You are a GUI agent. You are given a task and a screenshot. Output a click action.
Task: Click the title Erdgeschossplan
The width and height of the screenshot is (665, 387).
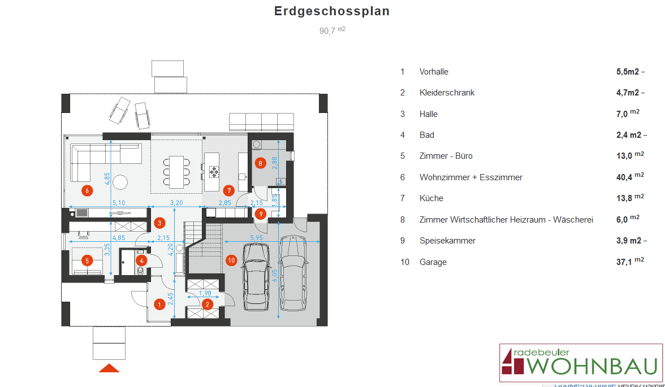click(332, 11)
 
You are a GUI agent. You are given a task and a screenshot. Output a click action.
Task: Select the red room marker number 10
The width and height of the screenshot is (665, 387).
click(231, 260)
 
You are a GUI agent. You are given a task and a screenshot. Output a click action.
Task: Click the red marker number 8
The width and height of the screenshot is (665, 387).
click(260, 163)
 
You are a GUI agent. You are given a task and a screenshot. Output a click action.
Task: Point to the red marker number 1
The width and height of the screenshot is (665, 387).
click(159, 305)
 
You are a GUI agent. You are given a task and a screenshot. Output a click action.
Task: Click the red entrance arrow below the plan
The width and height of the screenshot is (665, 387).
click(109, 368)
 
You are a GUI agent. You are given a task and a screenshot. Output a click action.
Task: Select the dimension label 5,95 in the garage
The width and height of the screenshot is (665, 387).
click(257, 238)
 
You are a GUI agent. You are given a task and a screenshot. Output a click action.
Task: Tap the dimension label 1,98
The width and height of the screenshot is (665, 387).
click(206, 293)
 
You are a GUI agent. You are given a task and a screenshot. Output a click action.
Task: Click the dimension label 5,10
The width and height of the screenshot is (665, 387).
click(118, 202)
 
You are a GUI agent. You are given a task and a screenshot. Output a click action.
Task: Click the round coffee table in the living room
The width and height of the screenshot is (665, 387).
click(119, 182)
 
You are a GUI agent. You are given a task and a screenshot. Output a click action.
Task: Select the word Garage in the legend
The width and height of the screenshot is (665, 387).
click(433, 262)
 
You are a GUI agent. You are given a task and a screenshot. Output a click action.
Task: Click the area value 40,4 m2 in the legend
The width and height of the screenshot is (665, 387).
click(630, 177)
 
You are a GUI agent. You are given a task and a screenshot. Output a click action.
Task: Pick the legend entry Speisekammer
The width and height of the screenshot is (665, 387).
click(447, 241)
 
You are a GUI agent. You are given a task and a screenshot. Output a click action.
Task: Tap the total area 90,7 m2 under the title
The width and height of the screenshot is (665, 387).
click(332, 31)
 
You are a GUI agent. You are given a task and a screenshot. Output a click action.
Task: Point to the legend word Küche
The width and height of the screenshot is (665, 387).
click(431, 198)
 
